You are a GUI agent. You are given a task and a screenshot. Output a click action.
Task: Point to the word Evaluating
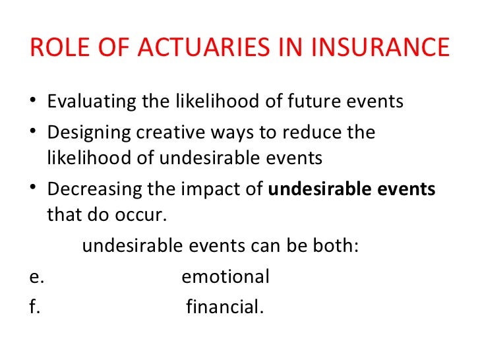point(92,103)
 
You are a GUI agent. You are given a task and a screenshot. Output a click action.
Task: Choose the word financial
point(225,307)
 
